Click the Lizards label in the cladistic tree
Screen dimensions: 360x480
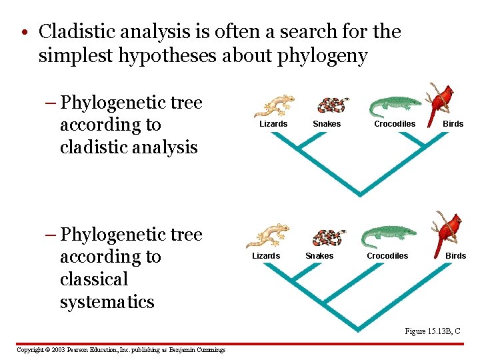pos(273,124)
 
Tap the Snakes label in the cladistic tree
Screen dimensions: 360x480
pos(327,124)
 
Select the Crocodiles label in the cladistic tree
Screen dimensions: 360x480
pos(395,124)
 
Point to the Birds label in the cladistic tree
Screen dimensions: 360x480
pos(453,124)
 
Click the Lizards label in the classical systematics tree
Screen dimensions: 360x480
pos(266,256)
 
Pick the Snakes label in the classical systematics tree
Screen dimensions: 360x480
pos(319,256)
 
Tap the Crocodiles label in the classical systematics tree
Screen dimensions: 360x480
pos(387,256)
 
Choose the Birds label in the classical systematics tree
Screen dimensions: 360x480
pos(456,256)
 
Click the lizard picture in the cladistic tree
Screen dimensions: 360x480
pos(274,105)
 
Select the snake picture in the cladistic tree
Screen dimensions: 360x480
pos(332,105)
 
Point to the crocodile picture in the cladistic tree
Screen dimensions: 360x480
pos(395,105)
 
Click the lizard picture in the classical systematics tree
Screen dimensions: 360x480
pos(268,235)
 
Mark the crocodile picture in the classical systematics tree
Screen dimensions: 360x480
pos(389,236)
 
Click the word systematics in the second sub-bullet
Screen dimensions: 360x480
pos(107,302)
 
